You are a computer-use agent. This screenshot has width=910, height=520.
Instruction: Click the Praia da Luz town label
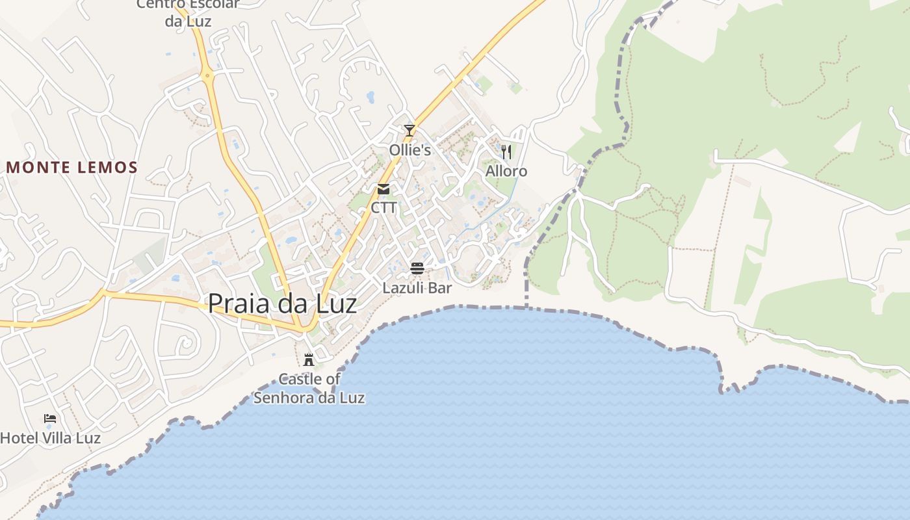click(x=282, y=304)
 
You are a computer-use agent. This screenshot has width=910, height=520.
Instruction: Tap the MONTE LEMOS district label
click(x=72, y=168)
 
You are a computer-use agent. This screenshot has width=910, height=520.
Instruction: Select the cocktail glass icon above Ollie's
click(x=409, y=131)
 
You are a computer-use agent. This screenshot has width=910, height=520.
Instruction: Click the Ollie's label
click(x=409, y=150)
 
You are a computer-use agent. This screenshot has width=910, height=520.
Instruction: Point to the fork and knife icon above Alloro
click(x=506, y=152)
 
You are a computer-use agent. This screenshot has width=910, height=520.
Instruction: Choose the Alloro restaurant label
click(x=506, y=171)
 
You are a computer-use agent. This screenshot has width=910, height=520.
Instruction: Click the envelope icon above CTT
click(x=383, y=189)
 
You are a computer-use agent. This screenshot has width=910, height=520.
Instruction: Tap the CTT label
click(x=383, y=208)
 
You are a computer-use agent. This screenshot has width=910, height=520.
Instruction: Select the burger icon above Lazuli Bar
click(x=417, y=268)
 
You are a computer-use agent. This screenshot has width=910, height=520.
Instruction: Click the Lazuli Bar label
click(x=417, y=287)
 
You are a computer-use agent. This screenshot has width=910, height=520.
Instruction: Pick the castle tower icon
click(x=309, y=359)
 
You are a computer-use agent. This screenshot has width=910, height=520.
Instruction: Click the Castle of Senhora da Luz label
click(x=309, y=388)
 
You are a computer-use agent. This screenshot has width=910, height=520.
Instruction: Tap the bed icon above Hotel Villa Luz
click(x=50, y=419)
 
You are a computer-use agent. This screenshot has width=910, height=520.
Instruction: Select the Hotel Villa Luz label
click(x=50, y=438)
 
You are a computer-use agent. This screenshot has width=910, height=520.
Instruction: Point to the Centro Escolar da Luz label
click(x=188, y=12)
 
